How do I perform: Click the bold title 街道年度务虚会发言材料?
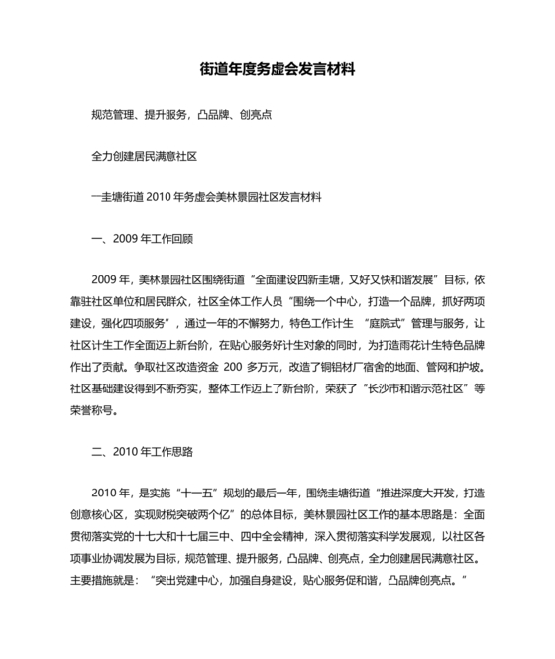point(277,71)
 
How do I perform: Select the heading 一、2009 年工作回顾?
point(141,238)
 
